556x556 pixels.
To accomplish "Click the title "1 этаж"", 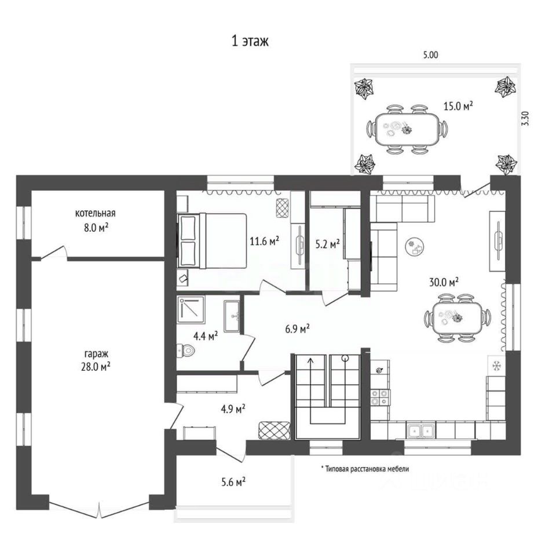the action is click(x=250, y=42).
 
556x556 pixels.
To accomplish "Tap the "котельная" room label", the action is click(x=99, y=213).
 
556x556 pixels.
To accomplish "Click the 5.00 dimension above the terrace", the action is click(x=430, y=55).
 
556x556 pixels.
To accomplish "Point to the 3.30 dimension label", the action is click(x=525, y=118).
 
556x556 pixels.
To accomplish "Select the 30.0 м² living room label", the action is click(x=444, y=281).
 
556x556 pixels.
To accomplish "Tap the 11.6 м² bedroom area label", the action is click(x=264, y=240).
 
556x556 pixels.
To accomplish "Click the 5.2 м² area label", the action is click(x=327, y=245).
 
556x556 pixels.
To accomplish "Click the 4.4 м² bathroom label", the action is click(x=205, y=335).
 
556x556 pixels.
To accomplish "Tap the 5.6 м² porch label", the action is click(x=231, y=481).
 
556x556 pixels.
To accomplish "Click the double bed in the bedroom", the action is click(x=213, y=240).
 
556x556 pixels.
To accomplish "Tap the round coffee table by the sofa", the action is click(x=415, y=247).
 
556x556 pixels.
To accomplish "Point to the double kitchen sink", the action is click(x=421, y=430).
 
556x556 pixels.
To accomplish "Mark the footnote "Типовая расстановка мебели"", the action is click(x=365, y=469).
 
